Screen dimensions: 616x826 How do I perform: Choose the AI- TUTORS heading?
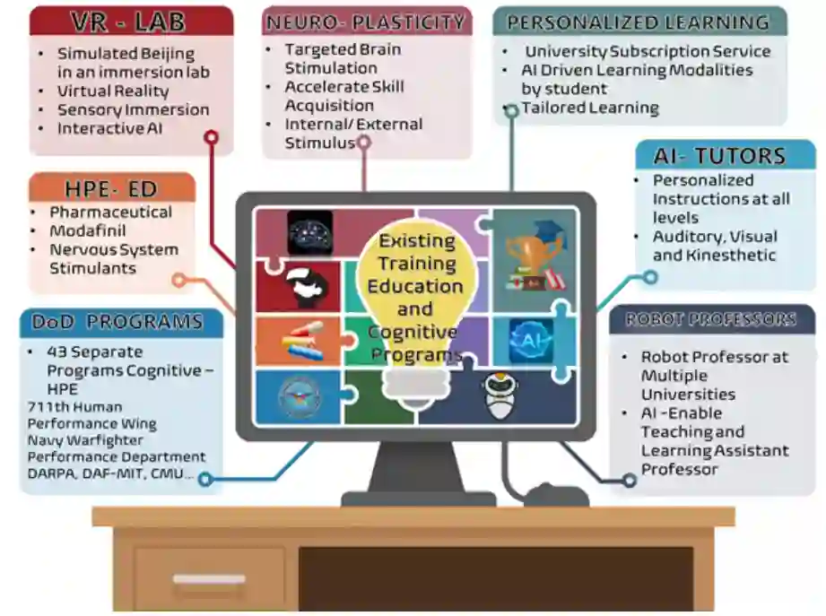[719, 156]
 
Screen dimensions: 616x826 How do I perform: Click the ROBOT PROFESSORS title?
[710, 320]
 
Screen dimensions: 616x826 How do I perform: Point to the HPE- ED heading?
[111, 188]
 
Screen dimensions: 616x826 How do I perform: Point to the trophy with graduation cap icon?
[535, 256]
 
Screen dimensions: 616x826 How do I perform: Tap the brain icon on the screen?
[309, 232]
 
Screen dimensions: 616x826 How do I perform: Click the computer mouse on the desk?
[555, 494]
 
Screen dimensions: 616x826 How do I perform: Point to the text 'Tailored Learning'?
[590, 108]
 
